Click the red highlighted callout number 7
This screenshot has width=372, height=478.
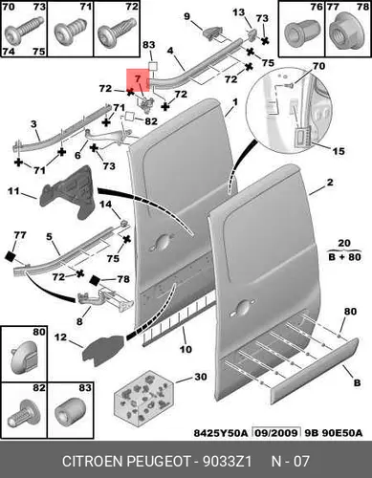138,78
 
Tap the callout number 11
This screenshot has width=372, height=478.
13,191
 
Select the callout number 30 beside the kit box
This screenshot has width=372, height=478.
201,377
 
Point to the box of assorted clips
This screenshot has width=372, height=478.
144,399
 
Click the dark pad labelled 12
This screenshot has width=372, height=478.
103,350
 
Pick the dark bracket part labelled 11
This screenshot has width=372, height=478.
68,193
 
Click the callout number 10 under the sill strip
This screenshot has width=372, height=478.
186,349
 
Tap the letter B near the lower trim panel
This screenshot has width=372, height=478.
358,382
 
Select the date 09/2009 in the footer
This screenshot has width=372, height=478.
276,433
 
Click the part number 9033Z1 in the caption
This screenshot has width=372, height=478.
228,461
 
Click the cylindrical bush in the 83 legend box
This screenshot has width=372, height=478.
70,413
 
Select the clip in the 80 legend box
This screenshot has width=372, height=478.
24,357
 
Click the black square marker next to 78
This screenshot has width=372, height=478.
95,280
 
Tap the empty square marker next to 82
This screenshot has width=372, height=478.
130,116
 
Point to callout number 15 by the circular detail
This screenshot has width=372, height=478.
339,151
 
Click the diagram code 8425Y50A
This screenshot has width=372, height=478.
221,433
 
